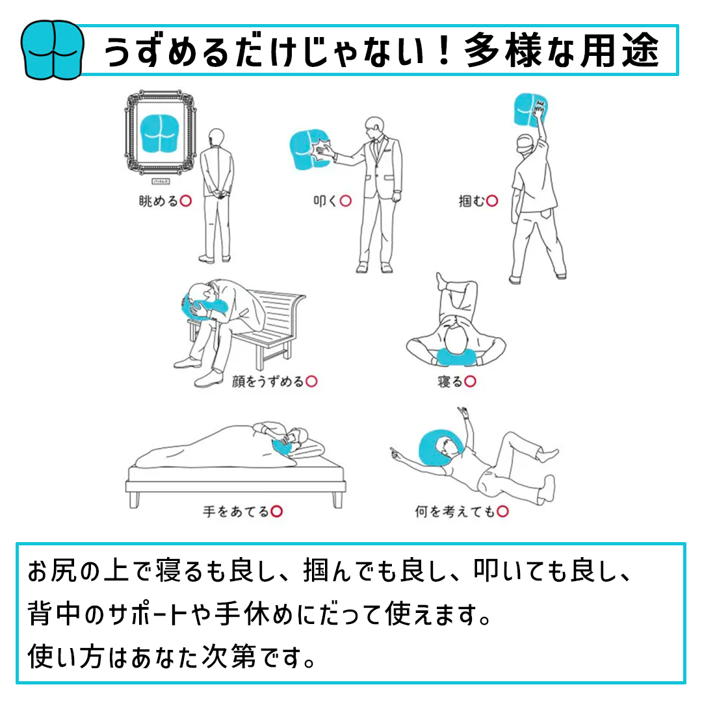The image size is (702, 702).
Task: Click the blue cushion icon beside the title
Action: (x=53, y=51)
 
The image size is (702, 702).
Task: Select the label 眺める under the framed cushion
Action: (x=159, y=201)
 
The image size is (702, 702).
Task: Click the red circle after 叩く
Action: (x=345, y=201)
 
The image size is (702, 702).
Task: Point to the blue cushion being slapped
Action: (x=307, y=149)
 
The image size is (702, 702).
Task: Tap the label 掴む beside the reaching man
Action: (x=472, y=201)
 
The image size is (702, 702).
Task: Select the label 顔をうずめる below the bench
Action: (x=268, y=382)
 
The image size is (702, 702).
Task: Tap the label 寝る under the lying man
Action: (x=450, y=382)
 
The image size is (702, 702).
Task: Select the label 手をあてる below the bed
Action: (x=236, y=512)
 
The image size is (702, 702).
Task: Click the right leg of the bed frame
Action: (x=337, y=499)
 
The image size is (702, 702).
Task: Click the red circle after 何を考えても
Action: (x=502, y=512)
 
